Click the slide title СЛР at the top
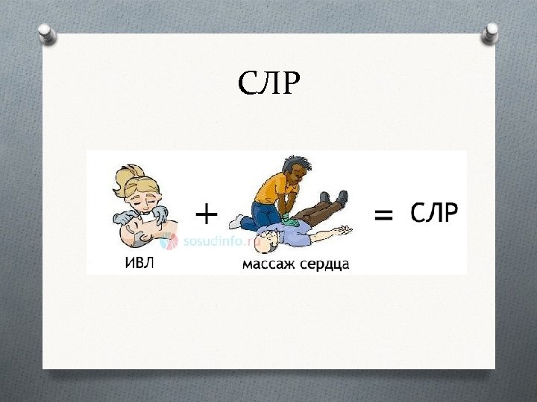point(268,83)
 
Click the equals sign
point(383,215)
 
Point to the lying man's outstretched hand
point(342,230)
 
